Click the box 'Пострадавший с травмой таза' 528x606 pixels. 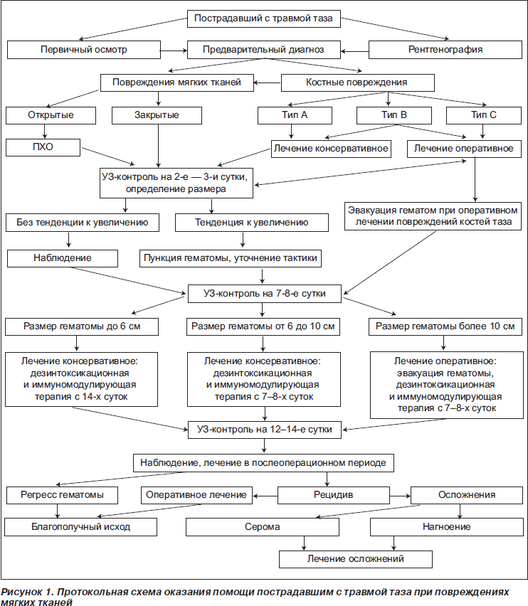[263, 18]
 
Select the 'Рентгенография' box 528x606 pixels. [445, 50]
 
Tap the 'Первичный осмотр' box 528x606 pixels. [84, 50]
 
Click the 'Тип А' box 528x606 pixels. [295, 115]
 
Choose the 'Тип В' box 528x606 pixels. [394, 115]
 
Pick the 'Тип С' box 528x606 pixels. [484, 115]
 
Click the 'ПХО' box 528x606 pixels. [43, 147]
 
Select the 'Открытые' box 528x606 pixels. [51, 115]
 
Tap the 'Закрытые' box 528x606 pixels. [157, 115]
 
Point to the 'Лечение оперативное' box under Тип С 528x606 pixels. [464, 149]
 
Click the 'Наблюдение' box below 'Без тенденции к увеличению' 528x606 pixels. [63, 258]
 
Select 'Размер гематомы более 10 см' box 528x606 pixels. [445, 326]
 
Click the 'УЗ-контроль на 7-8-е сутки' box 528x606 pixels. [265, 294]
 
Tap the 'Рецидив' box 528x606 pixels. [334, 495]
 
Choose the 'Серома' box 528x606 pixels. [263, 527]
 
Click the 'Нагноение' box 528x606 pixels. [446, 527]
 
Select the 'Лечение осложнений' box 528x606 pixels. [356, 559]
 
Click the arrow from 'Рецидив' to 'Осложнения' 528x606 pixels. [400, 496]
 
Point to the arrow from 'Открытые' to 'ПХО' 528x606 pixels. [45, 132]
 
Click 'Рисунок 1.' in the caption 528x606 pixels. [26, 592]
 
